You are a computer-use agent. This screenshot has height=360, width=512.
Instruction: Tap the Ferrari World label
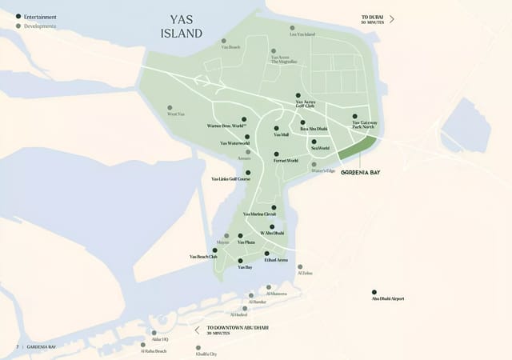(286, 161)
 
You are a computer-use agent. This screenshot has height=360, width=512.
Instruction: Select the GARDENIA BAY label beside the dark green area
(360, 172)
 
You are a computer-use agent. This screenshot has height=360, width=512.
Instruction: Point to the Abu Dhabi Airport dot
(374, 291)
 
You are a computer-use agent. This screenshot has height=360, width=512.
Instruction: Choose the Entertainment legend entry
(39, 16)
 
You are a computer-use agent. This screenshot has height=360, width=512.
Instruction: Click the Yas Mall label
(281, 135)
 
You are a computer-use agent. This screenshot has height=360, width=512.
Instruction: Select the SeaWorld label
(320, 148)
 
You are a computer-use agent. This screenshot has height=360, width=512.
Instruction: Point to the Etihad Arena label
(276, 260)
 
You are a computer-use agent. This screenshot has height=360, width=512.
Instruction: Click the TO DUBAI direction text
(374, 17)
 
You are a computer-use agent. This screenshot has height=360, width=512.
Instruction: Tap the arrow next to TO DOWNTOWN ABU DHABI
(198, 329)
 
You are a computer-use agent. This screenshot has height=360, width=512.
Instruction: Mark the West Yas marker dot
(170, 107)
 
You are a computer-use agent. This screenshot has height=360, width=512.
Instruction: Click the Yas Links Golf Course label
(230, 179)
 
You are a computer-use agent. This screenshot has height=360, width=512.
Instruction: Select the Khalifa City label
(206, 352)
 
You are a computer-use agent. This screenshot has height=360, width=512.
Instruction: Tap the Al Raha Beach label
(154, 351)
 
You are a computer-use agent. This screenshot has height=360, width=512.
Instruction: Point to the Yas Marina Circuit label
(259, 214)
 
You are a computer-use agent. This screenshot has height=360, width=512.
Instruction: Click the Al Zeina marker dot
(300, 266)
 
